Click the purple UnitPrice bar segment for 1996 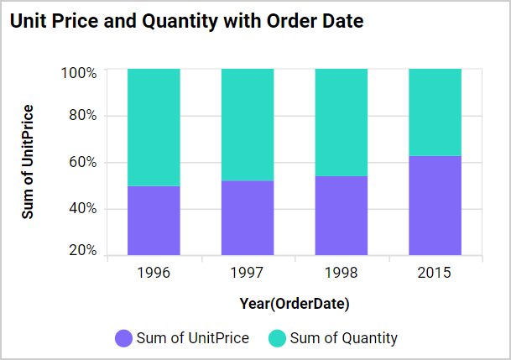(x=154, y=219)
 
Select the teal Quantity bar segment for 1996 (x=154, y=127)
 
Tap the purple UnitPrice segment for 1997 (x=248, y=217)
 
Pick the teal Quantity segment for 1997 (x=248, y=124)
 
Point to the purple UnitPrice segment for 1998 (x=341, y=214)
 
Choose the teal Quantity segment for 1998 (x=341, y=122)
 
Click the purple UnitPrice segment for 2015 (x=435, y=204)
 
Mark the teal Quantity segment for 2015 (x=435, y=112)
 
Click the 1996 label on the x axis (x=153, y=273)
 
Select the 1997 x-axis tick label (x=247, y=273)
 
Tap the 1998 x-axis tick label (x=341, y=273)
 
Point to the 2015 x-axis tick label (x=435, y=273)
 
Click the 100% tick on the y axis (x=79, y=73)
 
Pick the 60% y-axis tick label (x=82, y=162)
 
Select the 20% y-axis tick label (x=82, y=250)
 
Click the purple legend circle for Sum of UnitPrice (x=123, y=339)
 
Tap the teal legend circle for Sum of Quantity (x=276, y=339)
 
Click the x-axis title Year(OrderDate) (x=294, y=303)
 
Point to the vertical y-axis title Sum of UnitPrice (x=29, y=162)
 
